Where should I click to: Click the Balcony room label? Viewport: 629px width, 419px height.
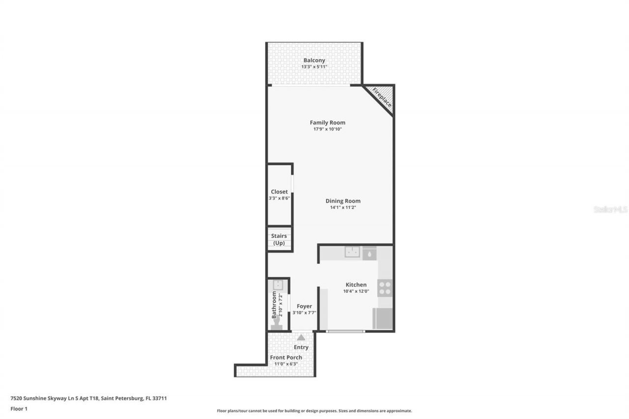tap(314, 60)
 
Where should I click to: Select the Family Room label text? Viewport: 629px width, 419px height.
tap(327, 123)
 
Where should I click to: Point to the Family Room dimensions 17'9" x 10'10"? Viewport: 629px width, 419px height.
tap(327, 129)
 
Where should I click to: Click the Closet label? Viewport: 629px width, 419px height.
tap(279, 192)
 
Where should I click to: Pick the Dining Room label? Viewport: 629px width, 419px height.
tap(343, 201)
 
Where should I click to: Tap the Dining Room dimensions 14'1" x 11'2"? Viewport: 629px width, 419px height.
tap(343, 207)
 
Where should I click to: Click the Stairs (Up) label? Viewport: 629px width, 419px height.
tap(279, 239)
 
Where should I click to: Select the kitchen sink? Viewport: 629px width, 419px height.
tap(352, 252)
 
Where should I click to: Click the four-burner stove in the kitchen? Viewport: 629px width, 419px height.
tap(385, 288)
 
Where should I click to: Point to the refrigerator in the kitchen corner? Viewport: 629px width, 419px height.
tap(383, 318)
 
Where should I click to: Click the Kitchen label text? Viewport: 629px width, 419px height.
tap(356, 285)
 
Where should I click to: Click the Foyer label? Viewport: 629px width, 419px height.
tap(304, 307)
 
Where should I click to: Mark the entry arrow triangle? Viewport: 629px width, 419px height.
tap(301, 337)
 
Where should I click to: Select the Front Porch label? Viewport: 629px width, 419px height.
tap(286, 358)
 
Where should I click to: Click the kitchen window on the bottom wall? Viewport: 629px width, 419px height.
tap(345, 332)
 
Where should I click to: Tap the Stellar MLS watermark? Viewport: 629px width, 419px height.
tap(610, 209)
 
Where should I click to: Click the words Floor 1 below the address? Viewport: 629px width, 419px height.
tap(19, 409)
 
